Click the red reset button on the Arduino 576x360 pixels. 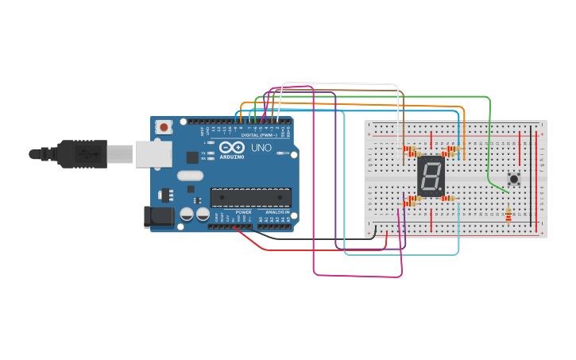164,126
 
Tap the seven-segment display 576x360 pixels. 430,176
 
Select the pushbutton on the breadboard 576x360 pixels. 514,179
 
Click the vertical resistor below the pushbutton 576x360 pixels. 508,215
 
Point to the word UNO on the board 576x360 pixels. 261,148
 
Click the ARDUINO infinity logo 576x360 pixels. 232,147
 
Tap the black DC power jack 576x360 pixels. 157,216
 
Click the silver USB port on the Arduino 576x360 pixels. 153,154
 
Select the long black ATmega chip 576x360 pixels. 250,197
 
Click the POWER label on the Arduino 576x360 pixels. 243,212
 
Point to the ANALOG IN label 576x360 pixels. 277,212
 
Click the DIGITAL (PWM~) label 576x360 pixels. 259,135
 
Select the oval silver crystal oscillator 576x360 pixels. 191,176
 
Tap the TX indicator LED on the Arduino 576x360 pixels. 211,153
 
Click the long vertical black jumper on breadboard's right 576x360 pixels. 532,175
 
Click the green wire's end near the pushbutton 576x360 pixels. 507,192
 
